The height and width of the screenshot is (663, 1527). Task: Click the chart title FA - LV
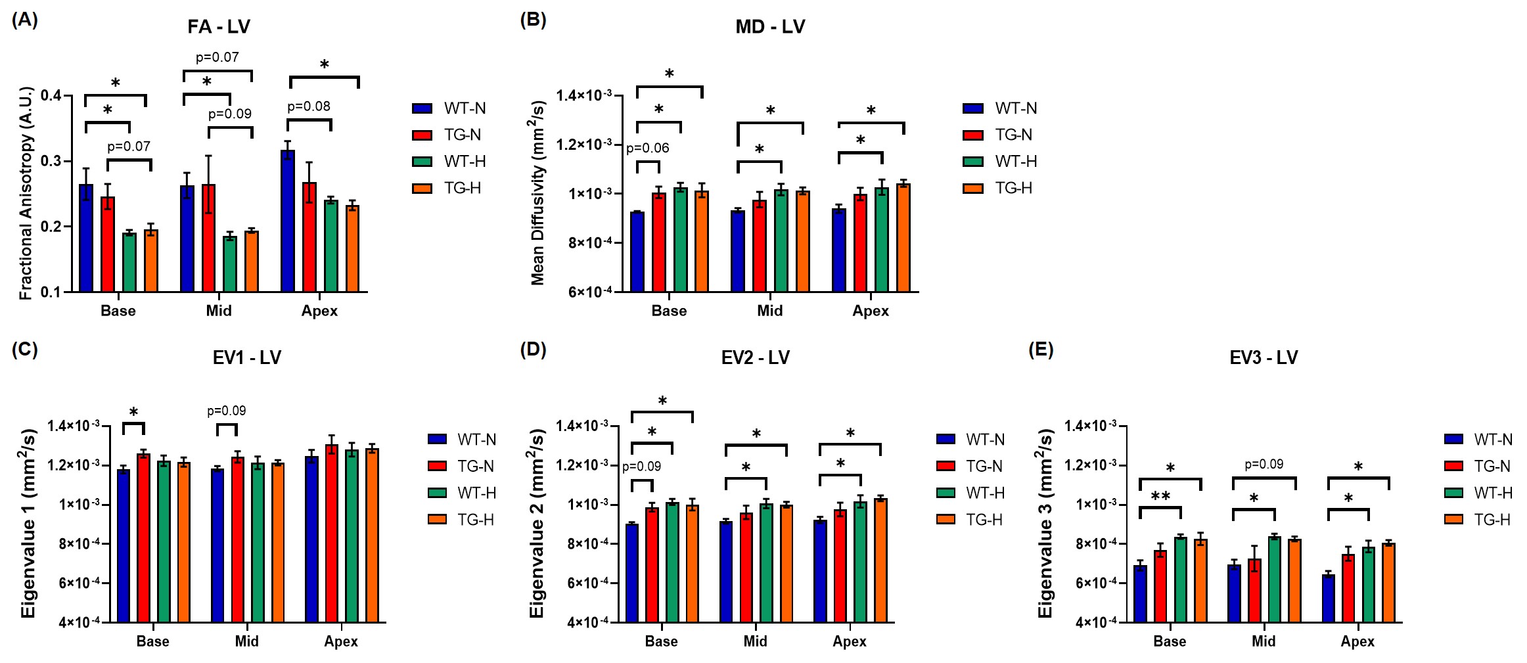click(219, 27)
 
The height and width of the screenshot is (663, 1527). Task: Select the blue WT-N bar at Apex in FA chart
click(288, 223)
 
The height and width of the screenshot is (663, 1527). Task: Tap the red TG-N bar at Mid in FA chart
click(208, 240)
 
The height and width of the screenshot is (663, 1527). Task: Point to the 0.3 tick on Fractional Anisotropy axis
click(51, 162)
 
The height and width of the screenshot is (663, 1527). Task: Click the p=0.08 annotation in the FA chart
click(309, 106)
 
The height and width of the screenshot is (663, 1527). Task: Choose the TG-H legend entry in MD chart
click(999, 189)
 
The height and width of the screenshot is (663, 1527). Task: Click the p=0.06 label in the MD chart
click(647, 149)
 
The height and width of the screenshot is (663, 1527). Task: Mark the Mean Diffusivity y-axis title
click(538, 193)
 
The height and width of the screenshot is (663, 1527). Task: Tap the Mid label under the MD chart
click(769, 311)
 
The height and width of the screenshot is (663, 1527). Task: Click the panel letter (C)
click(25, 350)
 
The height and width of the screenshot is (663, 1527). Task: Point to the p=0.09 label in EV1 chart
click(227, 411)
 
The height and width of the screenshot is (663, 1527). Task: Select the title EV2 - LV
click(755, 358)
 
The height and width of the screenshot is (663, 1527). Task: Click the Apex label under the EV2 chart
click(849, 641)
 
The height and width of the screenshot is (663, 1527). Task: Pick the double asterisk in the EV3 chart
click(1160, 496)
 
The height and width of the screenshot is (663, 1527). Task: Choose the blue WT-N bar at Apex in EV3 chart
click(1329, 599)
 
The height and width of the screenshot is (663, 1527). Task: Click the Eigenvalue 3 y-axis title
click(1046, 524)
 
